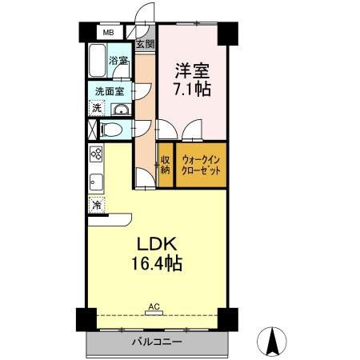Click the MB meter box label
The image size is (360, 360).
107,34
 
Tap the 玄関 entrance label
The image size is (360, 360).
144,45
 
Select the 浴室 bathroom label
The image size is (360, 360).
119,61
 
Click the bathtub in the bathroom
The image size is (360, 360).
98,60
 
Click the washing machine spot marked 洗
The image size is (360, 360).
96,108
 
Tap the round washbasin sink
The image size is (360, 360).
121,110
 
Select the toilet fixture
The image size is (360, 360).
111,129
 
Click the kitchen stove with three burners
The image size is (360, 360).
95,155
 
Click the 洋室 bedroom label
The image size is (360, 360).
192,70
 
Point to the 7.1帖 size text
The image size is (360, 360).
192,89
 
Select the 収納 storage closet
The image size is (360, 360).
166,164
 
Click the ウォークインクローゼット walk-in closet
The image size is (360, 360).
200,164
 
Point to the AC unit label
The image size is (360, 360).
153,306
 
